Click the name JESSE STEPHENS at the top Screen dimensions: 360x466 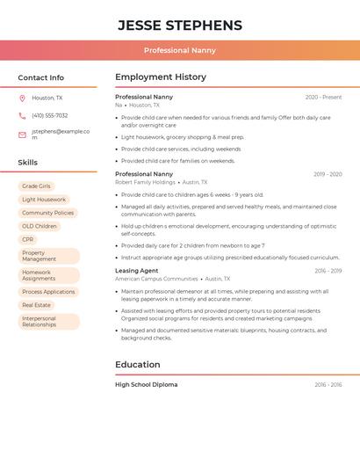click(x=179, y=25)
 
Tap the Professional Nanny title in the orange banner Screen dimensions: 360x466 click(x=179, y=51)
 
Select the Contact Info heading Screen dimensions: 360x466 click(x=41, y=77)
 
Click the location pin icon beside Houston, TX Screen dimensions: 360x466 click(x=22, y=98)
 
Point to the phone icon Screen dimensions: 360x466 click(x=22, y=115)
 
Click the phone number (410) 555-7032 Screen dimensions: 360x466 click(x=50, y=115)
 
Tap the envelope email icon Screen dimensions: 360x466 click(x=22, y=135)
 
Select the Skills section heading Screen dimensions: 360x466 click(x=28, y=163)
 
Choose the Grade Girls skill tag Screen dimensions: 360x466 click(x=36, y=186)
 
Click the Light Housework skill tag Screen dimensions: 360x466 click(x=44, y=200)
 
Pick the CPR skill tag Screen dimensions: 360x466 click(x=28, y=239)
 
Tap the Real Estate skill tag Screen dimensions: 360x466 click(x=37, y=305)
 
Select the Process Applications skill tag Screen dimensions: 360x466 click(x=48, y=292)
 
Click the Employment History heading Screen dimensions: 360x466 click(x=161, y=77)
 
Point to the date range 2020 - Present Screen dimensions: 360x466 click(x=323, y=97)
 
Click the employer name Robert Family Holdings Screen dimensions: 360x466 click(x=145, y=182)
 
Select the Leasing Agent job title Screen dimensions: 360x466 click(x=137, y=271)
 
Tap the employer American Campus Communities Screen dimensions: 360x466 click(x=156, y=279)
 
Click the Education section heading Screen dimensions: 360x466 click(x=137, y=364)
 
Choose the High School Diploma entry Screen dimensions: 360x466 click(x=146, y=384)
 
